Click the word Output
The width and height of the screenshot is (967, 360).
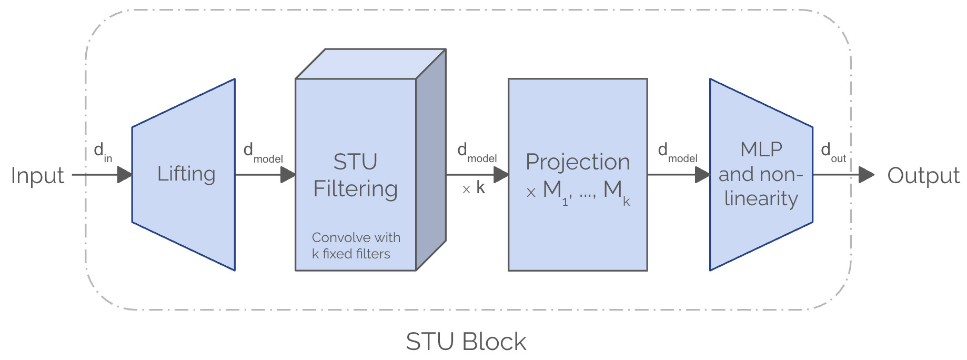(923, 176)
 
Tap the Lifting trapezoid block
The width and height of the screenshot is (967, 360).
(183, 175)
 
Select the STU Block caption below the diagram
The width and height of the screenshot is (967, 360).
(466, 342)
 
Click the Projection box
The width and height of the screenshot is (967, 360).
(578, 175)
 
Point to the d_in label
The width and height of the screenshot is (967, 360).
(103, 152)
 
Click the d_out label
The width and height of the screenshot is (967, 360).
(833, 152)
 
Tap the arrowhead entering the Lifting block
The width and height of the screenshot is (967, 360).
(124, 175)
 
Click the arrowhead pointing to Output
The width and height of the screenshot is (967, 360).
(867, 175)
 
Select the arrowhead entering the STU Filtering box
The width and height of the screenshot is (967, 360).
(288, 175)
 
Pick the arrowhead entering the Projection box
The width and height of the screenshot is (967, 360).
(501, 175)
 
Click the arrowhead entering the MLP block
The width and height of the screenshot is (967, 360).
(702, 175)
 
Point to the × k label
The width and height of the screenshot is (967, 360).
(474, 188)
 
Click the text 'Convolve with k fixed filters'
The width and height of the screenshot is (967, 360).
(356, 246)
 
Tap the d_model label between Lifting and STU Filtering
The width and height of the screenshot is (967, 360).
(263, 153)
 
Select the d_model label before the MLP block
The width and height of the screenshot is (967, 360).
(678, 153)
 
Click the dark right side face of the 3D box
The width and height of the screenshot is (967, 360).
(431, 160)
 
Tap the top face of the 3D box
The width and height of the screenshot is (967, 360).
(371, 64)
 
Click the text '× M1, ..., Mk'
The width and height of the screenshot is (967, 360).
(578, 192)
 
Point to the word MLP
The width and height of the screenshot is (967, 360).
(761, 149)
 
